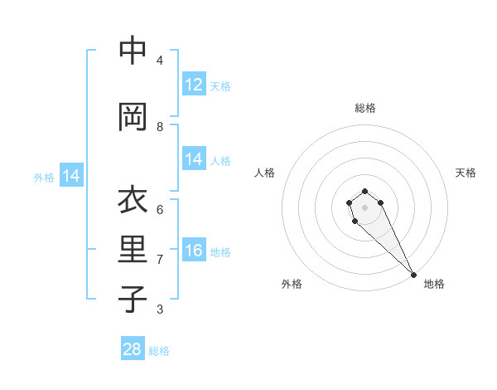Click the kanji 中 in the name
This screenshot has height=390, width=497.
(133, 51)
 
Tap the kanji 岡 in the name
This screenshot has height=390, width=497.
(133, 117)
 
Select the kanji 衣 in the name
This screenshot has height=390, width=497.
(133, 202)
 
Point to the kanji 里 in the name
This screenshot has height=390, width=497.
(133, 250)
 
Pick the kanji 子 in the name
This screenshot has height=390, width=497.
(133, 299)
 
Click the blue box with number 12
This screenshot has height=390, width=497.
(194, 85)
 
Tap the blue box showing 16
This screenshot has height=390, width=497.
(194, 251)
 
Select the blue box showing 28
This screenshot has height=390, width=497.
(133, 349)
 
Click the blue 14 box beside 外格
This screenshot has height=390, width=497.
(71, 176)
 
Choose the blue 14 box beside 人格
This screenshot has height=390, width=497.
(194, 160)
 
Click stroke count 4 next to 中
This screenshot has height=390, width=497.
(160, 60)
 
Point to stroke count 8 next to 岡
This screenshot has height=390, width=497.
(160, 126)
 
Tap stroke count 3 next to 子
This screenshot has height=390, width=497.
(160, 310)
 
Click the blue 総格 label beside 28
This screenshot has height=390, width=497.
(159, 351)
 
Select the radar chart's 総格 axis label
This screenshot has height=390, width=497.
(365, 108)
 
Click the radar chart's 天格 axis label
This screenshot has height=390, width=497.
(466, 173)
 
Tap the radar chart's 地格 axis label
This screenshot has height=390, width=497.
(434, 284)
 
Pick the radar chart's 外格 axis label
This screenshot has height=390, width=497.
(292, 284)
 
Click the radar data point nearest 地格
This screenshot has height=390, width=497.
(413, 274)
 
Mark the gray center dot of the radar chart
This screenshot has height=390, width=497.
(364, 207)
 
